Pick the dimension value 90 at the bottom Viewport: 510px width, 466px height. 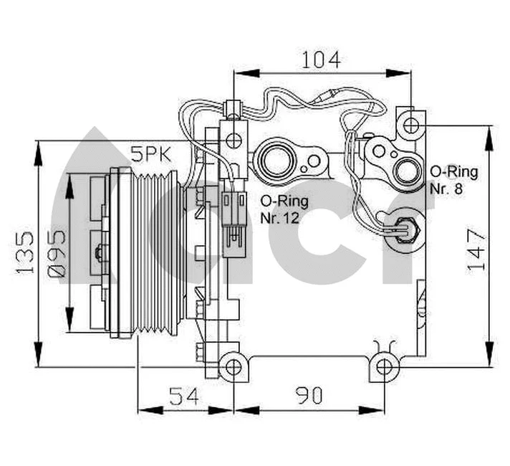pos(307,396)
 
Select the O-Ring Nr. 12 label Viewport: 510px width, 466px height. pos(279,209)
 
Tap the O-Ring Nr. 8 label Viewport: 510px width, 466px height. pos(453,181)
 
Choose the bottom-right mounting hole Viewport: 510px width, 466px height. pos(385,367)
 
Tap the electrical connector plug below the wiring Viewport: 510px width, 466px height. pos(232,221)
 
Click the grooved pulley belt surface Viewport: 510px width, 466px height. pos(157,253)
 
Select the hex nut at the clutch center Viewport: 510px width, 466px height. pos(97,253)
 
